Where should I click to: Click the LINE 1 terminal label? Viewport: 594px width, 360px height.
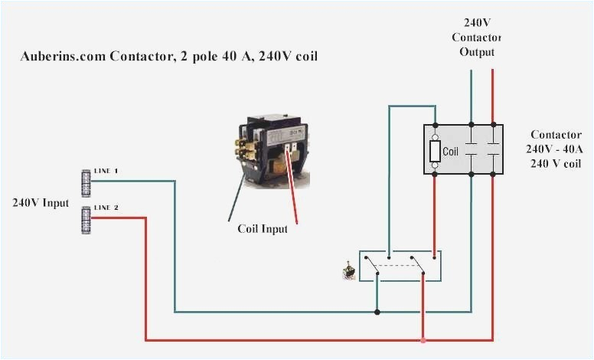(x=106, y=170)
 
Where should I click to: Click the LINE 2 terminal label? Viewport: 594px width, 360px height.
(x=106, y=208)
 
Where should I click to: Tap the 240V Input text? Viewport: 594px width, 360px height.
(x=40, y=203)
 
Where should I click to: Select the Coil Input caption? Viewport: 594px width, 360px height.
(x=257, y=228)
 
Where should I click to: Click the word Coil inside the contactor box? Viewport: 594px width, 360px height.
(x=450, y=152)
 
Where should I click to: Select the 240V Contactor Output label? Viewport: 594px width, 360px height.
(x=476, y=38)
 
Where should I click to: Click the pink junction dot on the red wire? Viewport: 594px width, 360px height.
(x=423, y=340)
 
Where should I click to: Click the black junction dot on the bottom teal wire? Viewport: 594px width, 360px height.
(x=377, y=312)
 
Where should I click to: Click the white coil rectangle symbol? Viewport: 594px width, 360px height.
(x=435, y=151)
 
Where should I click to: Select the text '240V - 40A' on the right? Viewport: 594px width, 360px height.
(x=553, y=149)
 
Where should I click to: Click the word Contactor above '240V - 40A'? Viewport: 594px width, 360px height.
(x=553, y=134)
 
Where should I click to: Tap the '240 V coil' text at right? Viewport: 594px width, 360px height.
(x=553, y=163)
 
